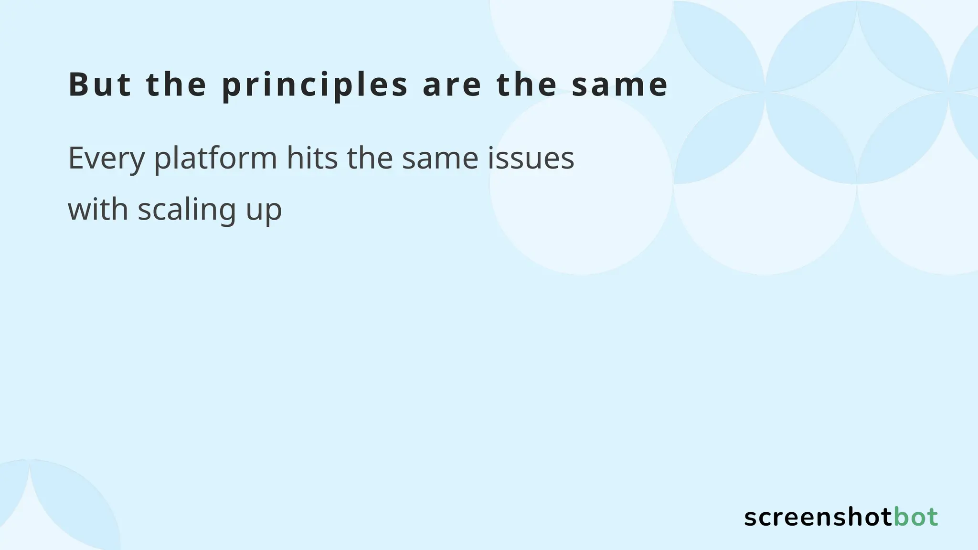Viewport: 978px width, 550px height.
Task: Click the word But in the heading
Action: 100,85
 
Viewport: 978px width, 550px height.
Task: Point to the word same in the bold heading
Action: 620,85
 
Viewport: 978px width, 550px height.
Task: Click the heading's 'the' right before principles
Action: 176,85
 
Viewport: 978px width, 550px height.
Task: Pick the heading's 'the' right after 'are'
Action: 527,85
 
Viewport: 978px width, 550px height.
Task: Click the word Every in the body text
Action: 106,158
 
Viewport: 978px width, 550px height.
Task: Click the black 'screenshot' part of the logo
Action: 818,518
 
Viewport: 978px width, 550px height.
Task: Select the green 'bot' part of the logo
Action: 915,518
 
